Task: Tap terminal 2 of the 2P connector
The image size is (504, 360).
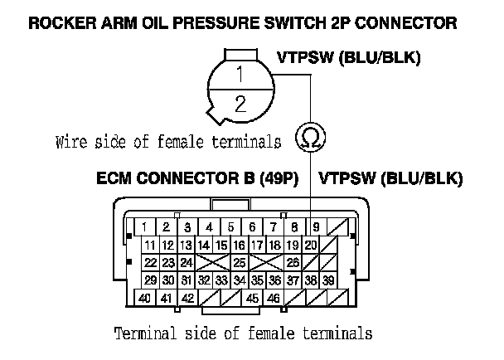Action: pyautogui.click(x=240, y=105)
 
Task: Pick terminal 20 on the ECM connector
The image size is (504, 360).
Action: pyautogui.click(x=311, y=245)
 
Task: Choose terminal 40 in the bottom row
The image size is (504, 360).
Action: pyautogui.click(x=144, y=299)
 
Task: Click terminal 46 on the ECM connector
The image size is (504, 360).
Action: pyautogui.click(x=273, y=299)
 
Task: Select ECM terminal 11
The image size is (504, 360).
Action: pyautogui.click(x=150, y=245)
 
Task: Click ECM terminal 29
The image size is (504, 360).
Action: pyautogui.click(x=150, y=280)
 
